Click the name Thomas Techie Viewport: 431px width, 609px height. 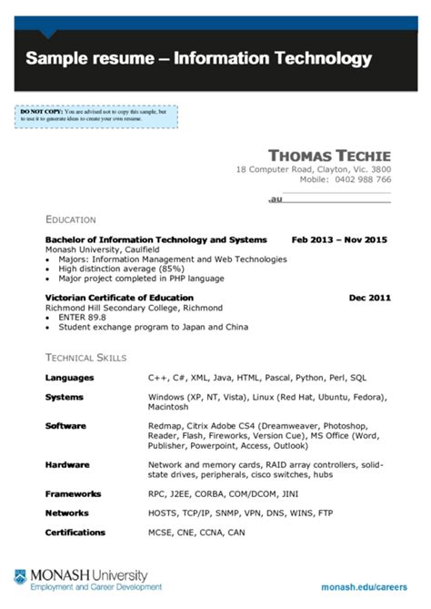click(x=329, y=155)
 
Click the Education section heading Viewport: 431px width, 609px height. click(x=70, y=219)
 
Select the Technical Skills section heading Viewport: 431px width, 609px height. click(x=85, y=358)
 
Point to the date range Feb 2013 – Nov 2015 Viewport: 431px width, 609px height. click(x=338, y=239)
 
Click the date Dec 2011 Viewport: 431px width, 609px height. click(x=369, y=298)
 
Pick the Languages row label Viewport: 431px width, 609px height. click(x=68, y=377)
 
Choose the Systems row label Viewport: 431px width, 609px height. click(x=64, y=398)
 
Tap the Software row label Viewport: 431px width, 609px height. click(x=65, y=425)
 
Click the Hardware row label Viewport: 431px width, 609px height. click(x=68, y=464)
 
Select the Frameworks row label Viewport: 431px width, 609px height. click(x=73, y=492)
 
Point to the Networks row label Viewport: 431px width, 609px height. click(x=68, y=513)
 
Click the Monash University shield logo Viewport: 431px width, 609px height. click(x=20, y=577)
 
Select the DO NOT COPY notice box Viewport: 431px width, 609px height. click(x=95, y=116)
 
